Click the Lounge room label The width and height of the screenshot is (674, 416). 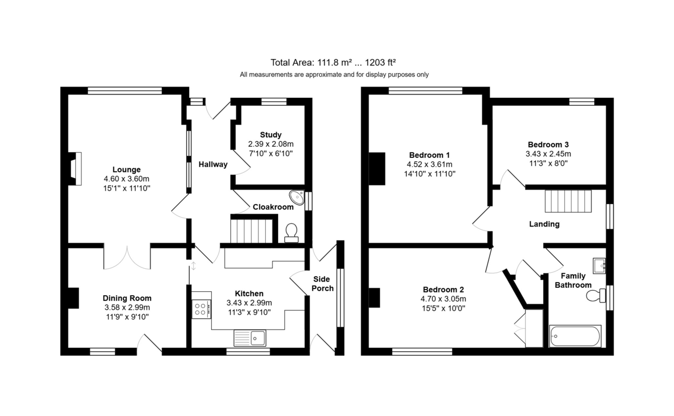click(126, 170)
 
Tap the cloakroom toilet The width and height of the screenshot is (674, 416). click(292, 233)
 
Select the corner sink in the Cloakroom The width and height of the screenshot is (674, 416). click(297, 197)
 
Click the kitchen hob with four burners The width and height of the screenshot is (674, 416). click(201, 309)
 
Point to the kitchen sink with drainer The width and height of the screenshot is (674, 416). click(250, 338)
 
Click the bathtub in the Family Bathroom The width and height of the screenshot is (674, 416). click(575, 336)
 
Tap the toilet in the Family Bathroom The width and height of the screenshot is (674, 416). click(596, 296)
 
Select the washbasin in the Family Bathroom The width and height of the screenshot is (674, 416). click(599, 266)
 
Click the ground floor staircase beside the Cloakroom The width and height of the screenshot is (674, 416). click(252, 231)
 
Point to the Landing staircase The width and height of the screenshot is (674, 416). click(568, 201)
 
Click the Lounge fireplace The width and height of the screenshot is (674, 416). click(75, 169)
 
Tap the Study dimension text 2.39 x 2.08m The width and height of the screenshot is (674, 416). click(271, 144)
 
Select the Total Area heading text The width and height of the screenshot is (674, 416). click(333, 62)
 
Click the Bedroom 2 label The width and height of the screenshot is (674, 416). click(443, 290)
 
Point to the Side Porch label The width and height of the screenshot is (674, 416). click(322, 284)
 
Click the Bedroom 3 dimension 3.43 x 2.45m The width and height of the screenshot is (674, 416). click(548, 154)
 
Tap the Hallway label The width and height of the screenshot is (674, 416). click(213, 165)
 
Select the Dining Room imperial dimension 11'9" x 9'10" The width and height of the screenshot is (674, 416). click(127, 317)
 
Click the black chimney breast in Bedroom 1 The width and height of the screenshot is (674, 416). click(377, 169)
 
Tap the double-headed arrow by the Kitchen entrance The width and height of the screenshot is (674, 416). click(193, 266)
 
